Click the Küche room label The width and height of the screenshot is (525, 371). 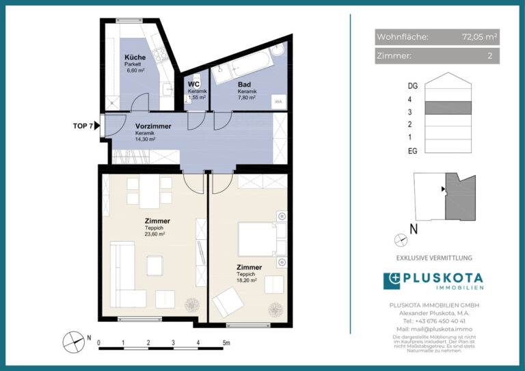tap(134, 57)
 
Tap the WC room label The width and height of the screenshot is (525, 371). tap(193, 85)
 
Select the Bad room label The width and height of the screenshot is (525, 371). tap(244, 85)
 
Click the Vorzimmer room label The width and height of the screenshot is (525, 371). tap(152, 126)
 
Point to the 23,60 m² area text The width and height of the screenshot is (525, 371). tap(154, 234)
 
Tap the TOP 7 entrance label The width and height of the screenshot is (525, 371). tap(82, 126)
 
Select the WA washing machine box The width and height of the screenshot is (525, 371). tap(278, 101)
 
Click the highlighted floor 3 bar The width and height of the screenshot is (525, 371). tap(448, 107)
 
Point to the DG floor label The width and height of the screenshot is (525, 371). tap(412, 86)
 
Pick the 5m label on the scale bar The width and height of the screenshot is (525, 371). tap(226, 343)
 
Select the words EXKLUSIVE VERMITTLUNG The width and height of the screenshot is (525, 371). tap(434, 258)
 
